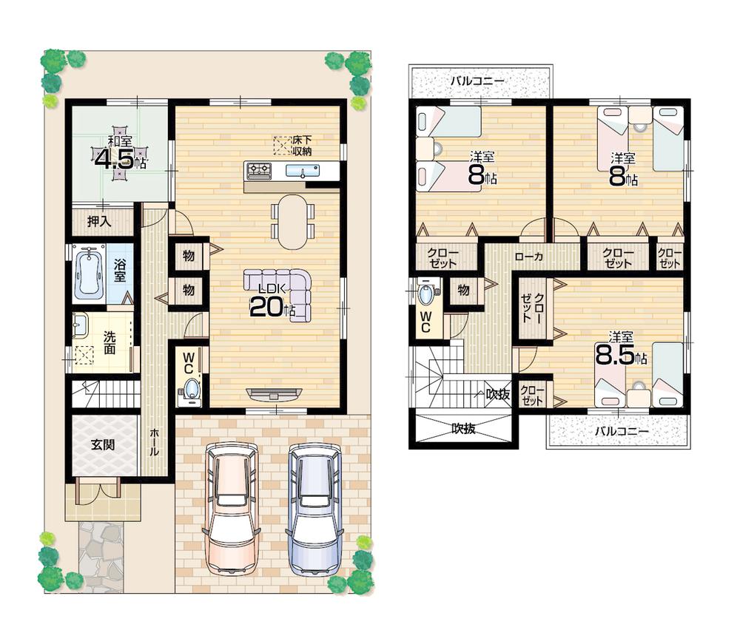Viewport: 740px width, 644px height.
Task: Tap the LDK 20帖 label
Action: pos(271,304)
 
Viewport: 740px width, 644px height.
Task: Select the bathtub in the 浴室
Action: pos(91,272)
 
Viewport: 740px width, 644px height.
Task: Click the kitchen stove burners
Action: pos(258,171)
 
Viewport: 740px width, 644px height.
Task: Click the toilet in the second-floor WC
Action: pos(427,294)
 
